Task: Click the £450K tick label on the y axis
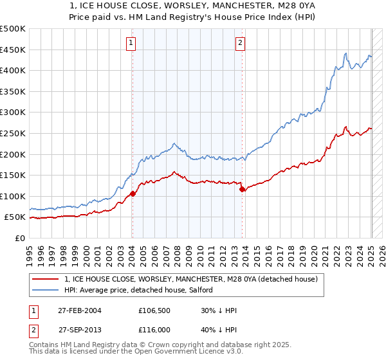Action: tap(13, 50)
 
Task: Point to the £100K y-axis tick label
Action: tap(13, 196)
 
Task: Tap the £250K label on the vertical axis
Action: tap(13, 133)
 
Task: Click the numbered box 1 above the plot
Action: tap(131, 43)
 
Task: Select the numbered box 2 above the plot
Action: tap(240, 43)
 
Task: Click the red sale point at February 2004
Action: tap(133, 193)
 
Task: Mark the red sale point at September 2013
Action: tap(242, 189)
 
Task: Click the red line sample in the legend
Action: tap(46, 280)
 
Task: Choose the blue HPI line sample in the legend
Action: tap(46, 290)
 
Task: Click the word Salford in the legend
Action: tap(195, 290)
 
